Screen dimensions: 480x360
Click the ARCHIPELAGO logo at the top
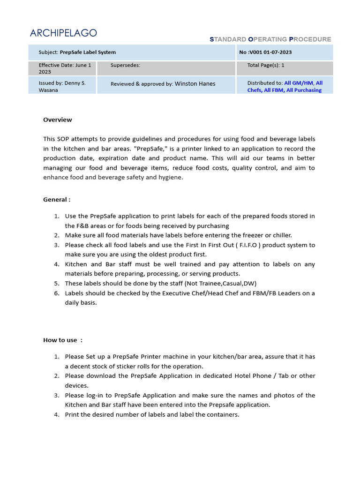[x=63, y=33]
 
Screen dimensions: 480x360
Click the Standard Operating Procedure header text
[x=270, y=39]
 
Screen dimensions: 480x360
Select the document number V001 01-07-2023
[x=265, y=52]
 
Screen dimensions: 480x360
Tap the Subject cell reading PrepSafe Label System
[x=77, y=52]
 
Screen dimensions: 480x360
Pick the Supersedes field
[x=125, y=66]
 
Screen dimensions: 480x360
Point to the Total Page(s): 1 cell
[x=266, y=66]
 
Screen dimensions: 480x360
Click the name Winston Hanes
[x=195, y=84]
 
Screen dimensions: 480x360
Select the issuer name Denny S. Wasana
[x=62, y=86]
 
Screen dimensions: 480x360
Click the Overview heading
[x=58, y=120]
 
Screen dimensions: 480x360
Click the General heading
[x=57, y=200]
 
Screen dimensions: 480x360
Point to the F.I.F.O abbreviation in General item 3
[x=254, y=245]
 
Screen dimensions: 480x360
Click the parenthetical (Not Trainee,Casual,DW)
[x=221, y=284]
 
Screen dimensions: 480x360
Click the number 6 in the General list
[x=56, y=293]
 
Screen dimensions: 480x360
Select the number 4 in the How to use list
[x=56, y=415]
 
